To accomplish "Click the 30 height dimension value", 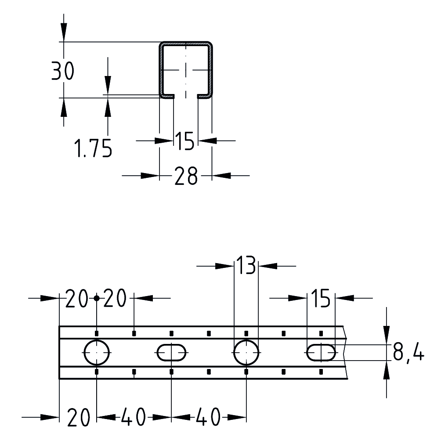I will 63,71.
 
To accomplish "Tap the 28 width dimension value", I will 186,176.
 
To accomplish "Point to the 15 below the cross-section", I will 185,141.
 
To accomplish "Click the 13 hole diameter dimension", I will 246,266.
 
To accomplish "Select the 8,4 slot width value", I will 408,353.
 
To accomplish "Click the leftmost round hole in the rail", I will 97,352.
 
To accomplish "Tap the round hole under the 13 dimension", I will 246,352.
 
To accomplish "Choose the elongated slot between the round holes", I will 172,352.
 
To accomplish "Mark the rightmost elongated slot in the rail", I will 321,352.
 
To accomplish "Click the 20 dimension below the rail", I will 79,417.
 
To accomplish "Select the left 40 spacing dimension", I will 134,417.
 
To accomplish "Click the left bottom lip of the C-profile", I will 167,96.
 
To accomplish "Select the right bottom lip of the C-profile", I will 205,96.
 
